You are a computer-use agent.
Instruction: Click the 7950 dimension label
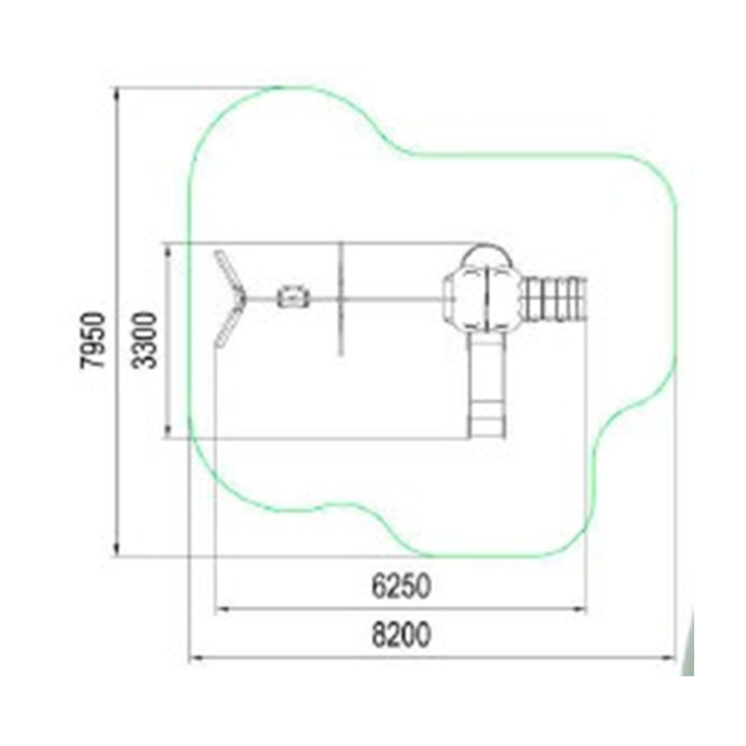[92, 340]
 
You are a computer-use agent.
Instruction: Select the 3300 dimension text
[144, 340]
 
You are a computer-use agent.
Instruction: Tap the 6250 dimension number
[401, 586]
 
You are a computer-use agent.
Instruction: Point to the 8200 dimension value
[401, 634]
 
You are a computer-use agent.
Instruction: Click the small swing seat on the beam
[293, 296]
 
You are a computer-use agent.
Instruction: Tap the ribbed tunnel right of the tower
[555, 299]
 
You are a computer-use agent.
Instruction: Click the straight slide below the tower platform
[486, 385]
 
